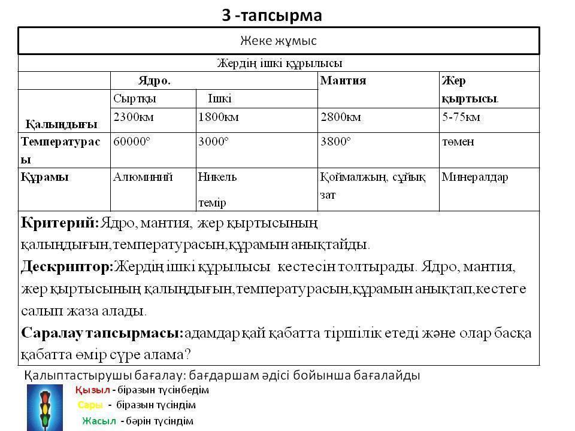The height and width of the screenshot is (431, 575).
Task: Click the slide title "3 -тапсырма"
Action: point(272,16)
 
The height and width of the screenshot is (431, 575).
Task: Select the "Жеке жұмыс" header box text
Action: point(278,41)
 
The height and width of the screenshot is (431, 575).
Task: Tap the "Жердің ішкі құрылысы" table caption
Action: point(279,63)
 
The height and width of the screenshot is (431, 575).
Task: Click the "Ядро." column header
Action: point(154,80)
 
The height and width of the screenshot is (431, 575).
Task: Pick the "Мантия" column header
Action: point(343,80)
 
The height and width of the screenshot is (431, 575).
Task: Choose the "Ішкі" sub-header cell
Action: point(219,98)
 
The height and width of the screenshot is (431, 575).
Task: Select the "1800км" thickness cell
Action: point(218,117)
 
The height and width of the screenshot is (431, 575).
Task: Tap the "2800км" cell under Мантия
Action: point(341,117)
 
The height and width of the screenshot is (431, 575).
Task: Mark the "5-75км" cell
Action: point(461,117)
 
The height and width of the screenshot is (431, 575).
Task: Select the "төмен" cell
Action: point(458,142)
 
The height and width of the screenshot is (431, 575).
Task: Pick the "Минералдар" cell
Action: point(475,177)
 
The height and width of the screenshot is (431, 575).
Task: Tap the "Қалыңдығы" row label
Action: point(60,124)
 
